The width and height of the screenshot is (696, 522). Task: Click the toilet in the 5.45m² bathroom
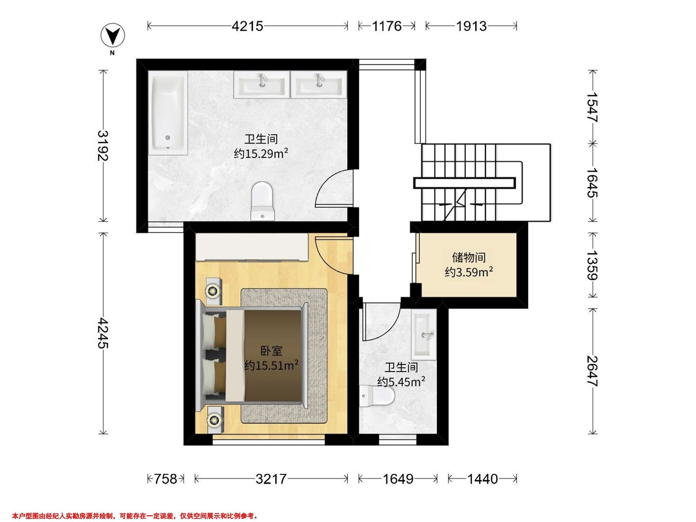(377, 396)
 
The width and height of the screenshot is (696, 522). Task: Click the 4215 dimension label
(247, 26)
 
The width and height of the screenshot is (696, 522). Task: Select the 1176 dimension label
(387, 26)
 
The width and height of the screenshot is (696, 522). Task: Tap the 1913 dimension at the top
(471, 26)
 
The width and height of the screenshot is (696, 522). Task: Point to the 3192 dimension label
(103, 145)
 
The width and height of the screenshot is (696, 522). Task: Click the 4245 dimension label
(103, 333)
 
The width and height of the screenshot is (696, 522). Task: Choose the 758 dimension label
(165, 479)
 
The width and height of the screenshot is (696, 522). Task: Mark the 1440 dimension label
(482, 479)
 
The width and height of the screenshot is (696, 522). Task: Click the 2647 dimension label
(592, 371)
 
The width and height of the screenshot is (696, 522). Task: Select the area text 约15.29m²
(261, 153)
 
